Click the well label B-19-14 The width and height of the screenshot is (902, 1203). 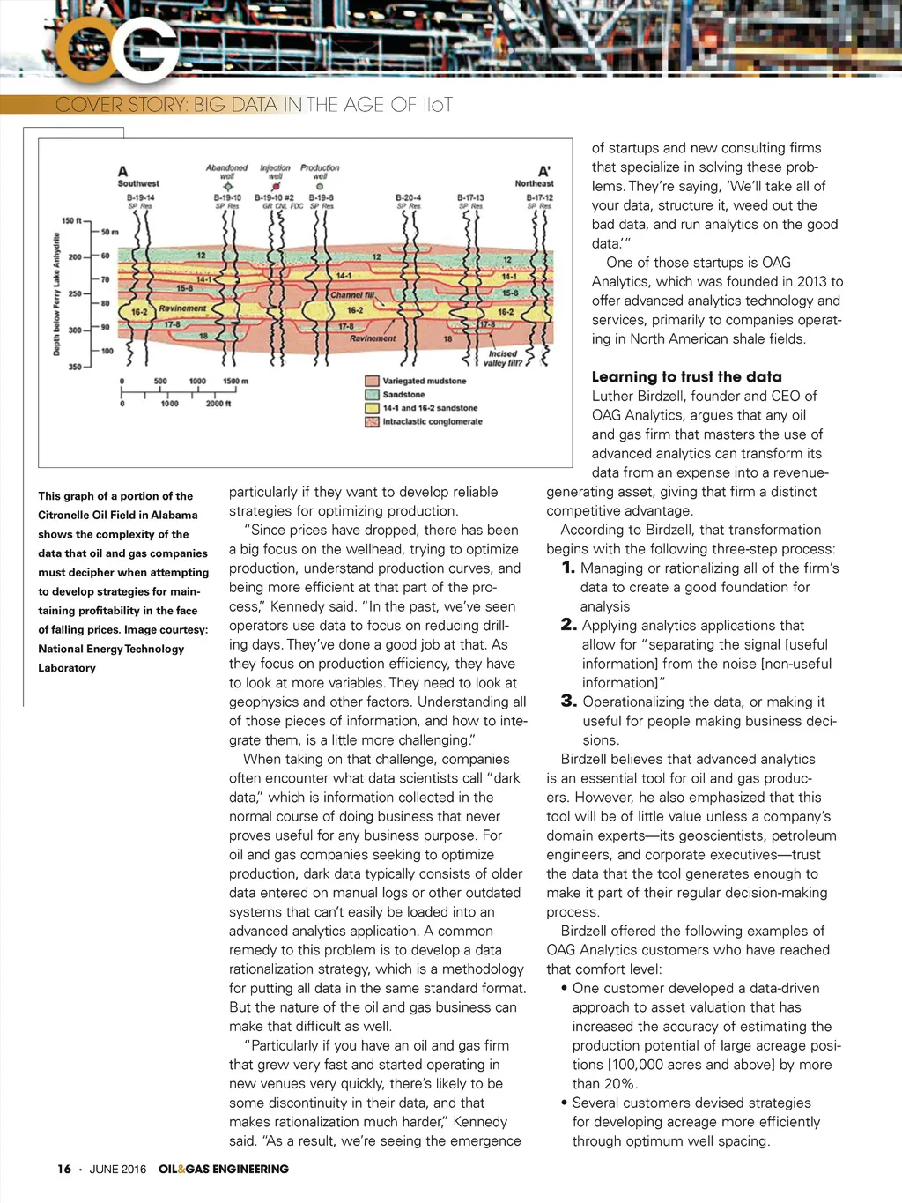140,197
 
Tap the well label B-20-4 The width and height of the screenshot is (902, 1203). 409,197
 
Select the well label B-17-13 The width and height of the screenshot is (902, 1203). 470,197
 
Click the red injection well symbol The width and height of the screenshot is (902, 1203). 276,187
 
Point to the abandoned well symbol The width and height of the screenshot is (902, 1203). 227,187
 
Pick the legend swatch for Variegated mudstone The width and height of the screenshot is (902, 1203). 372,382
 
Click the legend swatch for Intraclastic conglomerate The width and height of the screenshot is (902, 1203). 372,422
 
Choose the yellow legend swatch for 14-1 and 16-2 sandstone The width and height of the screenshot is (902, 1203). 372,408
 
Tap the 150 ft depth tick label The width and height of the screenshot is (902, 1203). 71,220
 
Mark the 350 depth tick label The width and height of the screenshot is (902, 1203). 74,367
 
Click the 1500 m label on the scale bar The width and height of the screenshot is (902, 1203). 235,382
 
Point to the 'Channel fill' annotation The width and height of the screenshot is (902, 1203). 352,295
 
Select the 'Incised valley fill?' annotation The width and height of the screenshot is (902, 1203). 503,358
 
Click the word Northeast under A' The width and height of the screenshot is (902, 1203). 534,183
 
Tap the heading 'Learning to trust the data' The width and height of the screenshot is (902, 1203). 686,376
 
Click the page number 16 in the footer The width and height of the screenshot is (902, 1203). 64,1169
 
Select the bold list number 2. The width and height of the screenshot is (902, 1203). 569,625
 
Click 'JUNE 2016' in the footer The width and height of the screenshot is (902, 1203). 118,1169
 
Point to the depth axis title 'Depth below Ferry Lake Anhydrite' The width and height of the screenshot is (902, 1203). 57,293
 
